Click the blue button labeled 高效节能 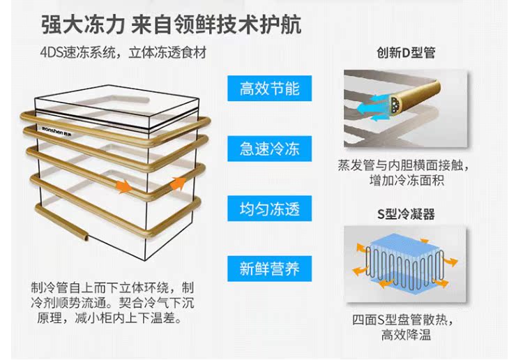click(x=269, y=89)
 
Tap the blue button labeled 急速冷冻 click(x=269, y=149)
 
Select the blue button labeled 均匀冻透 click(x=269, y=209)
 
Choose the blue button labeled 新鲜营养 click(x=269, y=269)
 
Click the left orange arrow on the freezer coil click(x=123, y=187)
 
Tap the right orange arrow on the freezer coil click(x=178, y=184)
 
